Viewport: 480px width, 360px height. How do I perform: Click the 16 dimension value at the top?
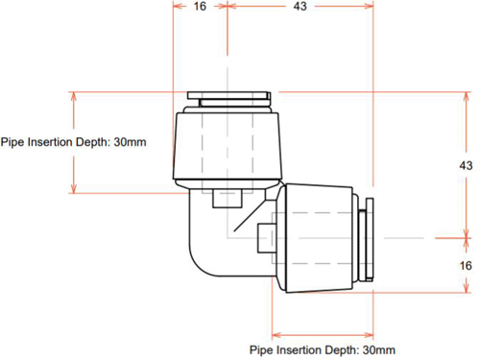[x=200, y=6]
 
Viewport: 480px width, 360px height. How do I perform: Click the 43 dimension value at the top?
[x=300, y=6]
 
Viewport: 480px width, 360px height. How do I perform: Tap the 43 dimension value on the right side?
[x=466, y=165]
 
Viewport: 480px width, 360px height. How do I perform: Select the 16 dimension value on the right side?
[x=466, y=266]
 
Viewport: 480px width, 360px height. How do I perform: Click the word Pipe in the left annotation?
[x=12, y=142]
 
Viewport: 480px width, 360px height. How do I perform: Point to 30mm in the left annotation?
[x=130, y=142]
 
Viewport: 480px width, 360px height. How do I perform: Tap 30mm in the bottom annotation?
[x=379, y=349]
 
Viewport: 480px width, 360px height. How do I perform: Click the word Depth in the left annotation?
[x=94, y=142]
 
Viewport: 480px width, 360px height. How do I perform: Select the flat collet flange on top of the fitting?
[x=228, y=95]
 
